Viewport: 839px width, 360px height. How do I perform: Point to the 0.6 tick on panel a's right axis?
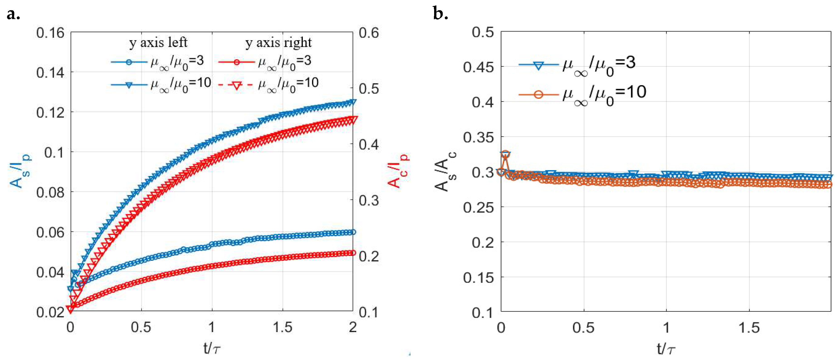(369, 33)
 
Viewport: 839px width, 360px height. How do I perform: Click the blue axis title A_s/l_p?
(20, 171)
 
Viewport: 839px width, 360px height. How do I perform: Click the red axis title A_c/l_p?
(398, 171)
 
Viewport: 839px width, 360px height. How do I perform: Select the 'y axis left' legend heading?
(158, 43)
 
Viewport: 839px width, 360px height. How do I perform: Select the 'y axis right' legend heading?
(279, 43)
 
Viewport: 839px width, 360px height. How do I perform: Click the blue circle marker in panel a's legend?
(129, 62)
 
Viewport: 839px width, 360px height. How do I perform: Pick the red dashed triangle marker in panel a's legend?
(236, 85)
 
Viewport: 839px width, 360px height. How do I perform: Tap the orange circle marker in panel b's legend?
(539, 94)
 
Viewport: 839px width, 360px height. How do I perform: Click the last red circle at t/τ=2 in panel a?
(352, 253)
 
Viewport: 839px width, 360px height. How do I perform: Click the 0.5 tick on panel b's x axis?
(583, 327)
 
